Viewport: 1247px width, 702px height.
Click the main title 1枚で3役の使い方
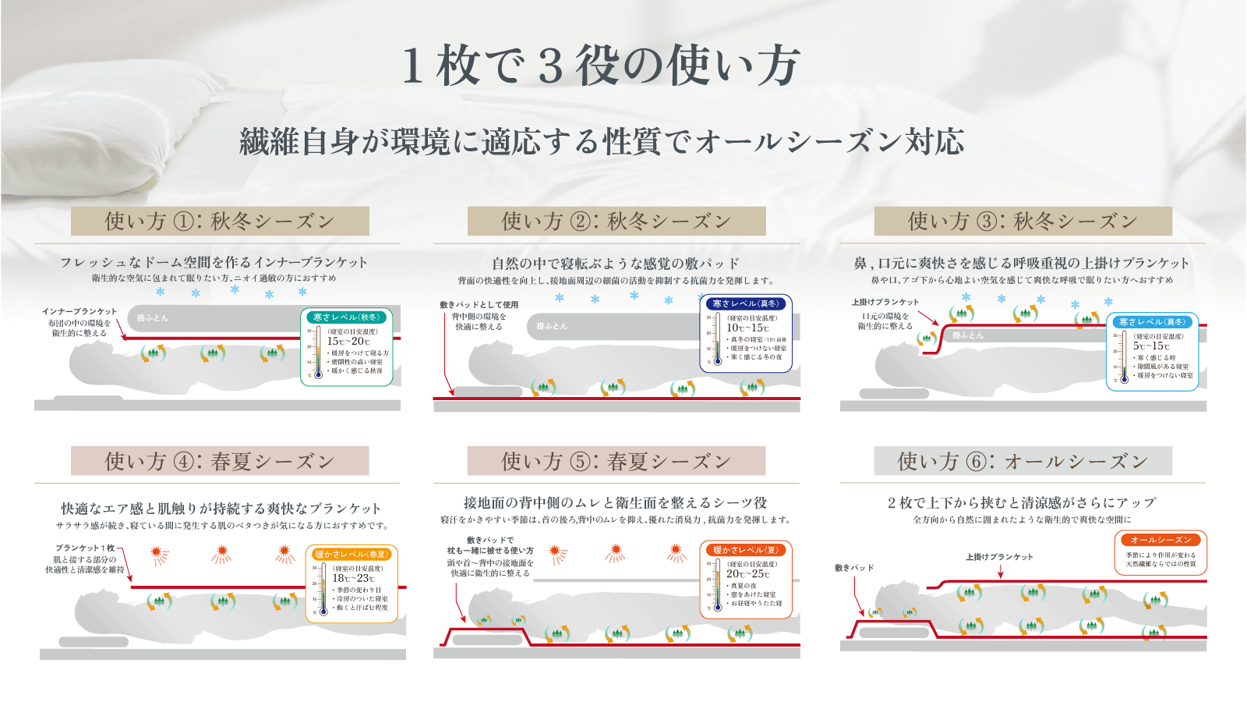600,66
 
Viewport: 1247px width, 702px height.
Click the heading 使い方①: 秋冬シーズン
220,222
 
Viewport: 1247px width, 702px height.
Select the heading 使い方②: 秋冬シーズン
616,222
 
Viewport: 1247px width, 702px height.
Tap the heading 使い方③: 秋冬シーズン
1023,222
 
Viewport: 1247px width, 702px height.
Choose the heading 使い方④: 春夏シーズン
220,462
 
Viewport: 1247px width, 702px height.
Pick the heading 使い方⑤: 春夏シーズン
616,462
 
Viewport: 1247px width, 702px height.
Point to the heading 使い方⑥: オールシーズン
1023,462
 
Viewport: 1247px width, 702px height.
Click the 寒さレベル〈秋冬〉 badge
347,317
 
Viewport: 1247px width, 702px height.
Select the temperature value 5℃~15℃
1152,346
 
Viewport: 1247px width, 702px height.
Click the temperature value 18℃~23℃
355,579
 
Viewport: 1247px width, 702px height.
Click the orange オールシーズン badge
1160,540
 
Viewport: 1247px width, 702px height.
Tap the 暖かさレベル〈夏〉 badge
746,550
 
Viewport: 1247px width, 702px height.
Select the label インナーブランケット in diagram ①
79,311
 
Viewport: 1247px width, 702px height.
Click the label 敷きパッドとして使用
479,305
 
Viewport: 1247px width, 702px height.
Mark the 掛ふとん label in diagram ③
968,335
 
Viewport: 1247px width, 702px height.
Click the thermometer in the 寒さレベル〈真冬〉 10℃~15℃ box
717,339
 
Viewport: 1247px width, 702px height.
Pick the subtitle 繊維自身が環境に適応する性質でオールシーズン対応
602,142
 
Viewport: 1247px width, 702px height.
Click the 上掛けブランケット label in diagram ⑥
999,557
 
